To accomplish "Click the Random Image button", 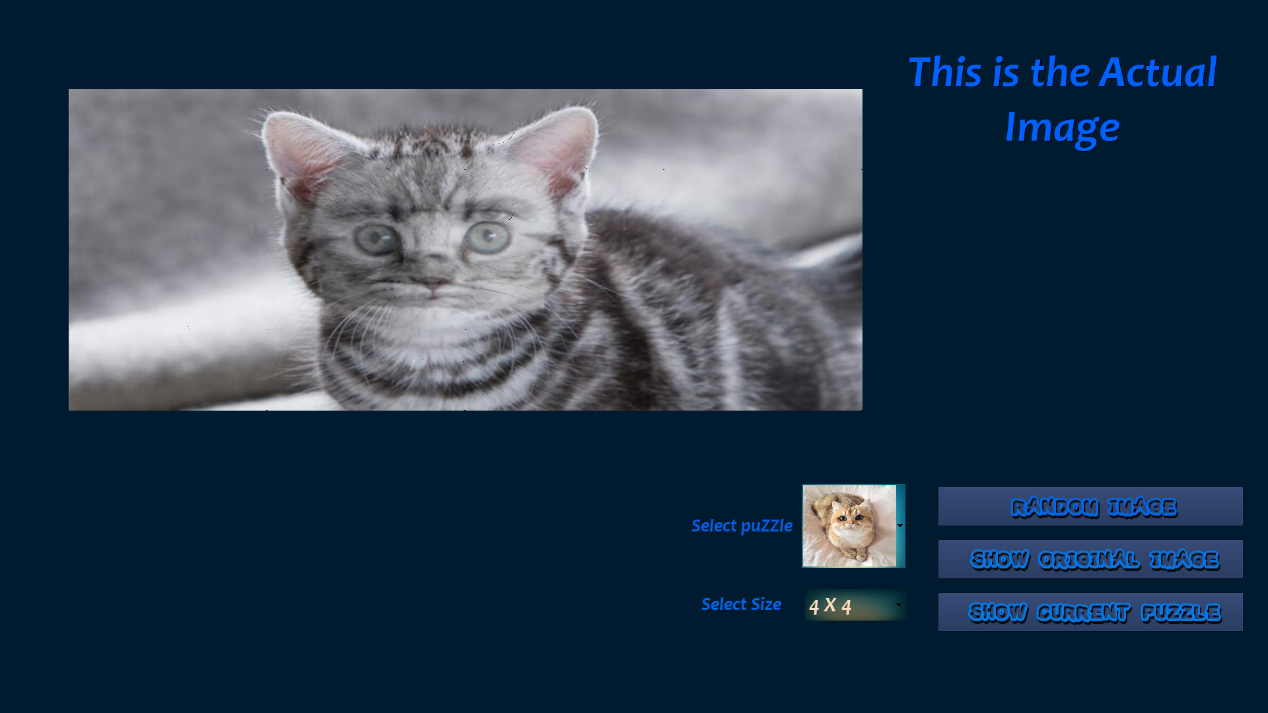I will [1090, 506].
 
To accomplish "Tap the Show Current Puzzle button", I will [1090, 612].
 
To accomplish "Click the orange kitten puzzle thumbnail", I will [849, 526].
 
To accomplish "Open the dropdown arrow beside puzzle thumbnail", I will [900, 526].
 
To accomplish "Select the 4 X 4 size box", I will [848, 605].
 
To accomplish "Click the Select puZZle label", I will [741, 526].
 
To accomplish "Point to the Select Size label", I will [741, 604].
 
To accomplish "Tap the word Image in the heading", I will [1062, 127].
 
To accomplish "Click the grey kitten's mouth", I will [431, 297].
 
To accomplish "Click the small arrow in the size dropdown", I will [898, 605].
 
